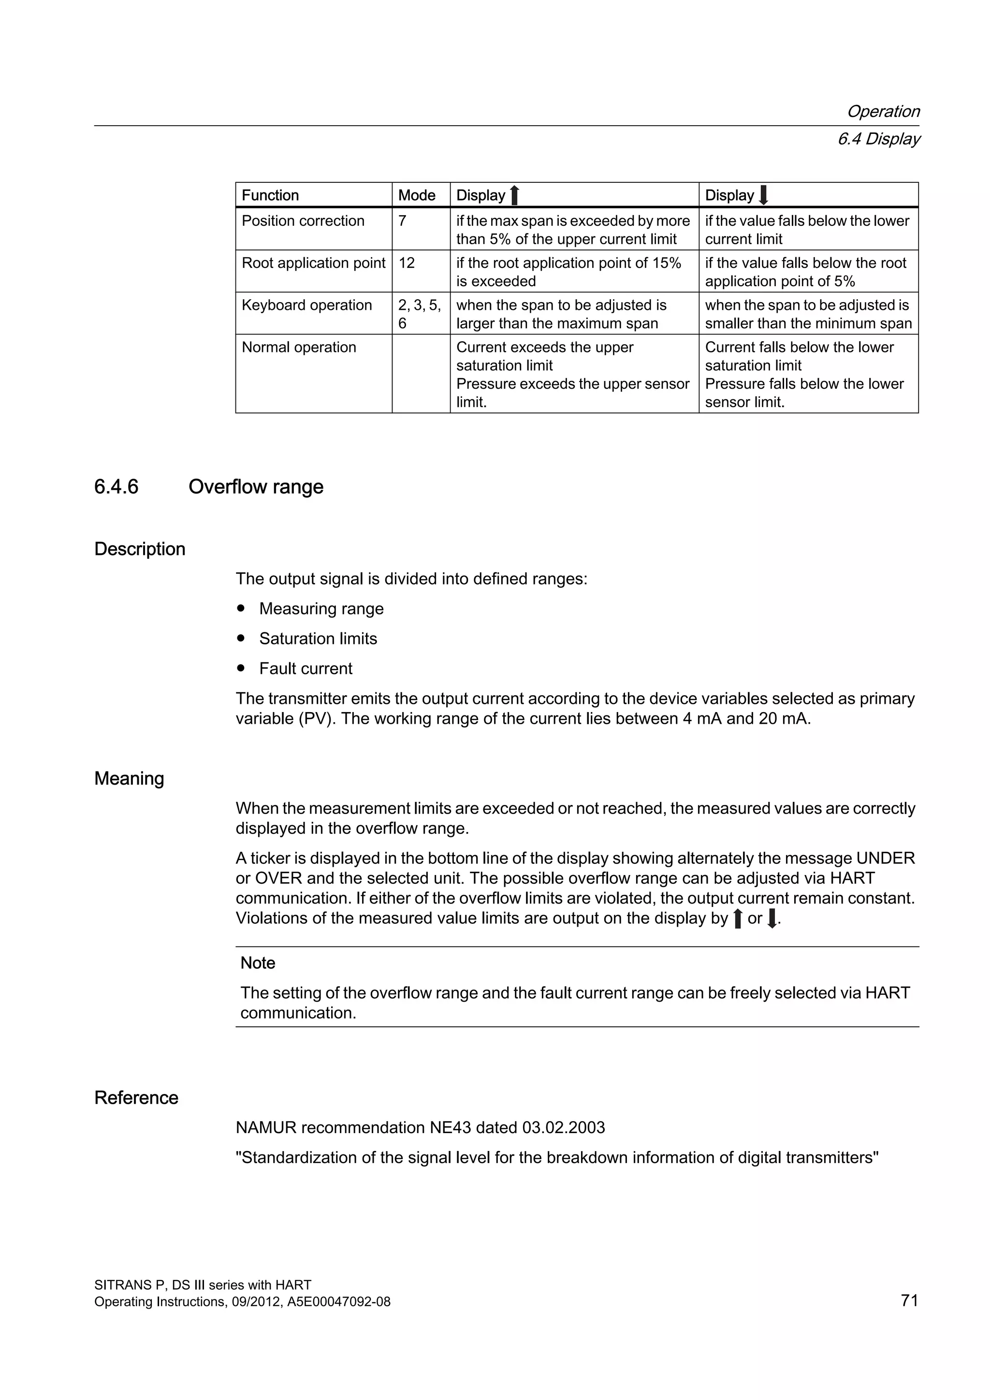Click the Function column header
click(x=270, y=195)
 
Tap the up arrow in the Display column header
click(x=514, y=196)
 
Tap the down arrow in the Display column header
click(x=763, y=196)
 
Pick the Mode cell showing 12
click(x=407, y=263)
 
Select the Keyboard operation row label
click(x=306, y=305)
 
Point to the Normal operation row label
click(x=299, y=347)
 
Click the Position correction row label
click(x=303, y=221)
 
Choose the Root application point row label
click(x=313, y=263)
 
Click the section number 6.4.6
click(x=116, y=487)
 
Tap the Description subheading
click(x=140, y=549)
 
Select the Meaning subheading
click(x=129, y=779)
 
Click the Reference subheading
click(x=136, y=1097)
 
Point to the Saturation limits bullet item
click(x=318, y=639)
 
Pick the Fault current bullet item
click(x=306, y=668)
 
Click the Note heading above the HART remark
click(x=258, y=963)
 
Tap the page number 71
click(x=909, y=1300)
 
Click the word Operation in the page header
click(x=883, y=112)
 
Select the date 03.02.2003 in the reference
click(x=563, y=1127)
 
